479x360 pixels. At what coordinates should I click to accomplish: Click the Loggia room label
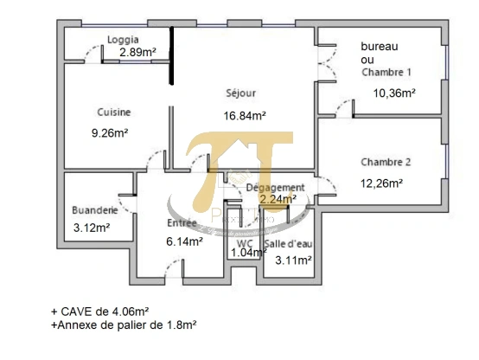click(x=123, y=39)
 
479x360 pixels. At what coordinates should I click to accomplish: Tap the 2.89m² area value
click(x=137, y=52)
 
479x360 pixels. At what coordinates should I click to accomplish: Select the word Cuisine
click(x=114, y=112)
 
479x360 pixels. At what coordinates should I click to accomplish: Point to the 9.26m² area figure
click(x=111, y=133)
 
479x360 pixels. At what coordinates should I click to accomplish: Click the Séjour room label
click(x=241, y=93)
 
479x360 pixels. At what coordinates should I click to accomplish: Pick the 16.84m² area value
click(x=245, y=114)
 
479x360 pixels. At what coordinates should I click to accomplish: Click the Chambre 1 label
click(x=386, y=73)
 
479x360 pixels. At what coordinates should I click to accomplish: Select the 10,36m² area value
click(x=394, y=93)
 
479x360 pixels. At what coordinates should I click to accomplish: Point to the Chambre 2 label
click(x=386, y=162)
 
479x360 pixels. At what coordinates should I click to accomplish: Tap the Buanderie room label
click(x=94, y=210)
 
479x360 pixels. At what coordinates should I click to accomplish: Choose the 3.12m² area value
click(x=92, y=228)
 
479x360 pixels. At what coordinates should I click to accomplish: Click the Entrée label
click(x=182, y=223)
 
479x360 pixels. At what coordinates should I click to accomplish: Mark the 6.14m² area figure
click(x=184, y=242)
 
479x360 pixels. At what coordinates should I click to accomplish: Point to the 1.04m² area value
click(x=246, y=254)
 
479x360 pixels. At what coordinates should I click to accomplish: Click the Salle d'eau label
click(x=287, y=244)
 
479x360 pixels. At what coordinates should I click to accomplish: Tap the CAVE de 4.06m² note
click(x=99, y=311)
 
